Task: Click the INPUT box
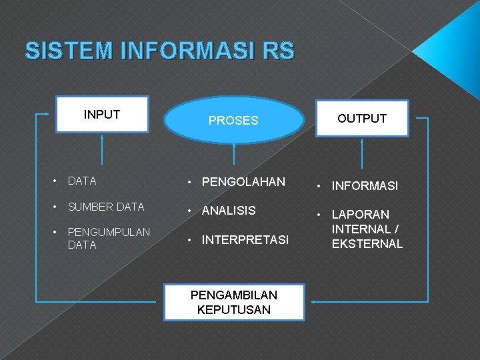coord(102,115)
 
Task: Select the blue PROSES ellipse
coord(233,121)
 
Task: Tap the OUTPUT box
coord(362,119)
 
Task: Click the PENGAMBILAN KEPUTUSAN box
coord(234,303)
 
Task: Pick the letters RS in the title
coord(279,51)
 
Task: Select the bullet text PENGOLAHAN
coord(243,182)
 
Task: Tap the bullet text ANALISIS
coord(229,211)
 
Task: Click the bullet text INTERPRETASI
coord(245,239)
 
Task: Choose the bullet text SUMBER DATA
coord(106,207)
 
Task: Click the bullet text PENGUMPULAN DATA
coord(109,238)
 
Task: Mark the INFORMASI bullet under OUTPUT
coord(365,186)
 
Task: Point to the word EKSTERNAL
coord(367,244)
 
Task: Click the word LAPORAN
coord(361,215)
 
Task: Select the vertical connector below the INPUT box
coord(102,149)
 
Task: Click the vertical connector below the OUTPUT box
coord(362,153)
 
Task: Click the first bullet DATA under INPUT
coord(82,181)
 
